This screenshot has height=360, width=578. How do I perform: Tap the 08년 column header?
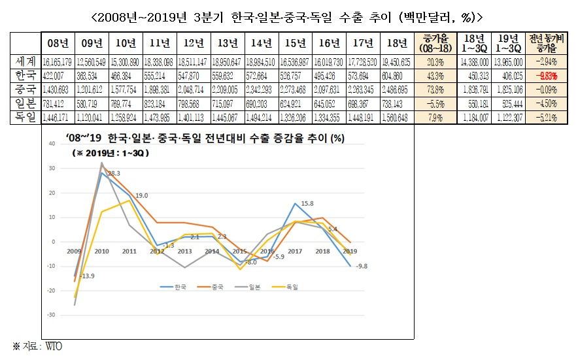58,44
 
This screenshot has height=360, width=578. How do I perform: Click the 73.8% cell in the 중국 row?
435,89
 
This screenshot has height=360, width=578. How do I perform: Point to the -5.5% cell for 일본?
435,103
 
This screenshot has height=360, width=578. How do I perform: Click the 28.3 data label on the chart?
114,173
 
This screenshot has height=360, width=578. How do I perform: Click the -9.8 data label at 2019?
362,267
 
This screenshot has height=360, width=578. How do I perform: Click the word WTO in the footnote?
53,346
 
